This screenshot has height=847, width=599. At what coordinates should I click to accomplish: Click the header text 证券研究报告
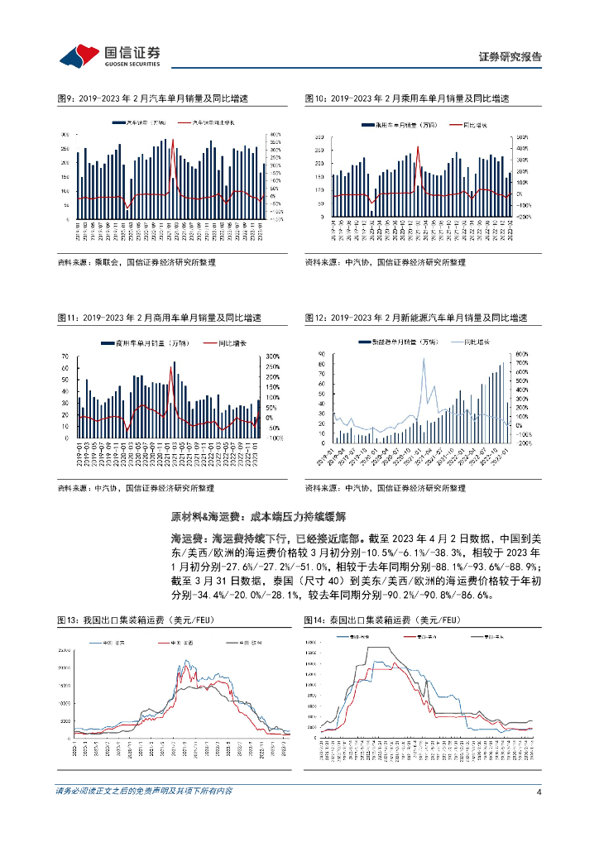510,57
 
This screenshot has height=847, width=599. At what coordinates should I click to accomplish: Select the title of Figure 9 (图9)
153,98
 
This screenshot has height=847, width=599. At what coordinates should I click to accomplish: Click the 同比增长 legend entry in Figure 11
234,342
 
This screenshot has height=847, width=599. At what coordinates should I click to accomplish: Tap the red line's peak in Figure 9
172,141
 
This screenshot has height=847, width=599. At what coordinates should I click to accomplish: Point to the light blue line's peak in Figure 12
424,359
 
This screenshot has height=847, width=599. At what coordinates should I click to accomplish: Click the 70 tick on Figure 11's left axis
65,357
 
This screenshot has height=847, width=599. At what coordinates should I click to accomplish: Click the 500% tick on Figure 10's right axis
521,136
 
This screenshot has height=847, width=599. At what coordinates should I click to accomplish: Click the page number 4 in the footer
539,792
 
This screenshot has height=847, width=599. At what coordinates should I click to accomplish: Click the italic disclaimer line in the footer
144,792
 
